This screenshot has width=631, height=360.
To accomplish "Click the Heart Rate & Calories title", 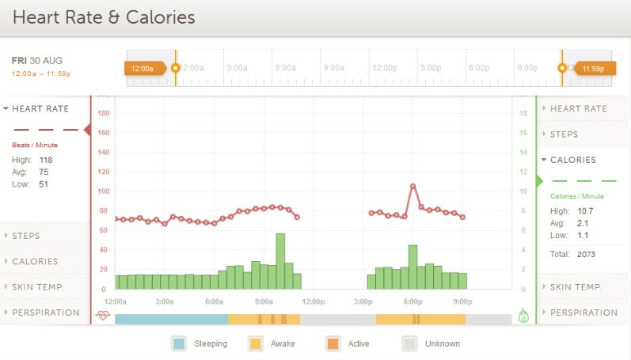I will click(104, 17).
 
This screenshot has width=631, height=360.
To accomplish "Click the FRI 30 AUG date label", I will click(37, 60).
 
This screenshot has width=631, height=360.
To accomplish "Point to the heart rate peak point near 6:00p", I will click(412, 186).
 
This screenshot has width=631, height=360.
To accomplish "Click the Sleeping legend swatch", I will click(179, 343).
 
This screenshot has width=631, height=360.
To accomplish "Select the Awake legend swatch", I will click(256, 343).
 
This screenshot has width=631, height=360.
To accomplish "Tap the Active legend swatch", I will click(333, 343).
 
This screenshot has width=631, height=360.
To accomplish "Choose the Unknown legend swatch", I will click(409, 343).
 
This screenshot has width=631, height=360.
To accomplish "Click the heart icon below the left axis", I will click(103, 315).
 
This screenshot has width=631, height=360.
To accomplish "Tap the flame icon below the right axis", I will click(523, 316).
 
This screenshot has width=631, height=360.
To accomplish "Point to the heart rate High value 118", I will click(46, 160).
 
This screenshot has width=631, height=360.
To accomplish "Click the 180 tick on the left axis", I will click(103, 113).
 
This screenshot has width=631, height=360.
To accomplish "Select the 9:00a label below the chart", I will click(263, 301).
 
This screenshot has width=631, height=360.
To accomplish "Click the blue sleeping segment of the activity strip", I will click(171, 319).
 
